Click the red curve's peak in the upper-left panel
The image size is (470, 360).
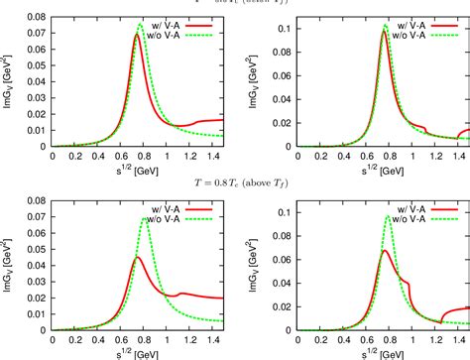[136, 36]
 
